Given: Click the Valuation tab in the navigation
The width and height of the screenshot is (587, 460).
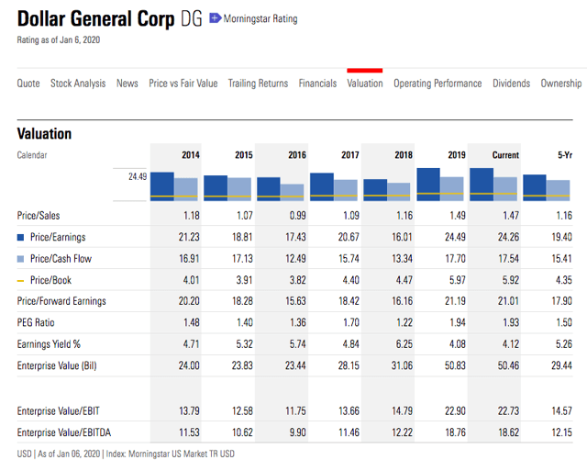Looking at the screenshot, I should click(365, 84).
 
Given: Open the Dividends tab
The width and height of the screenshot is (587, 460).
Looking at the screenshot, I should click(511, 84).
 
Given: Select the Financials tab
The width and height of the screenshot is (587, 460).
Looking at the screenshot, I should click(317, 84).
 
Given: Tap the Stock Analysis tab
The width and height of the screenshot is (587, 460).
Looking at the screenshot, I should click(78, 84).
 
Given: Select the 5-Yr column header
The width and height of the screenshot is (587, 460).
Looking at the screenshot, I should click(564, 155).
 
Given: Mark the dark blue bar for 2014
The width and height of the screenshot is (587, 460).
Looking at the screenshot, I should click(162, 185).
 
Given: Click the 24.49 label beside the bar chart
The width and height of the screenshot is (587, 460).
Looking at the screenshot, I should click(138, 175).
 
